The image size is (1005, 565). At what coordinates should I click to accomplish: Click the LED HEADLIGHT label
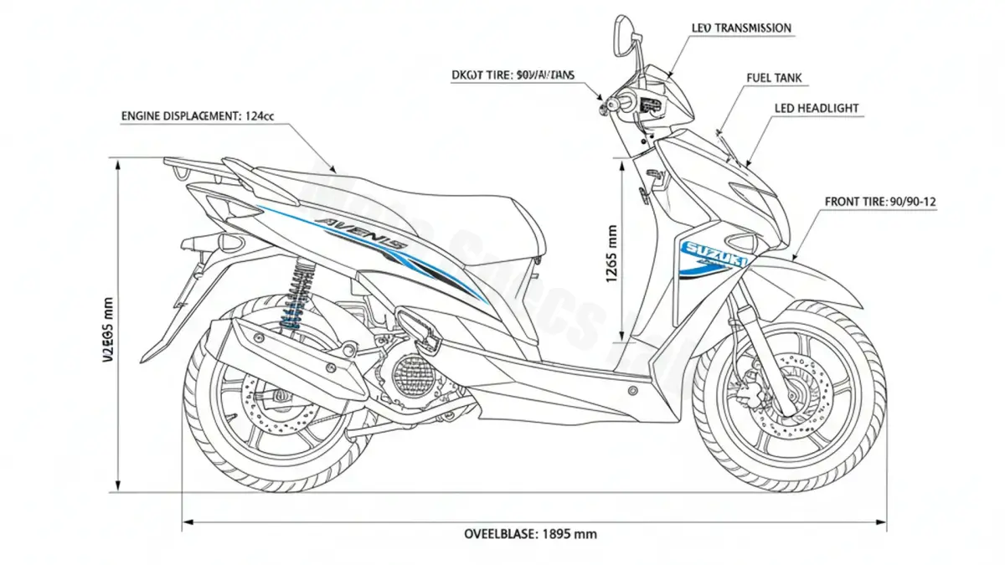click(x=816, y=109)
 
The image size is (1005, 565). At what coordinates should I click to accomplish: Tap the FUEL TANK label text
click(x=774, y=79)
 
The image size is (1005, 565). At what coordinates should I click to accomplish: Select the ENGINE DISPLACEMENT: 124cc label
click(x=198, y=116)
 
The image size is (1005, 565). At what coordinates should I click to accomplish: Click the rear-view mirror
click(x=623, y=33)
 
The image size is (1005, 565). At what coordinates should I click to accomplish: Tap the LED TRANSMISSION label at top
click(x=741, y=28)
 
